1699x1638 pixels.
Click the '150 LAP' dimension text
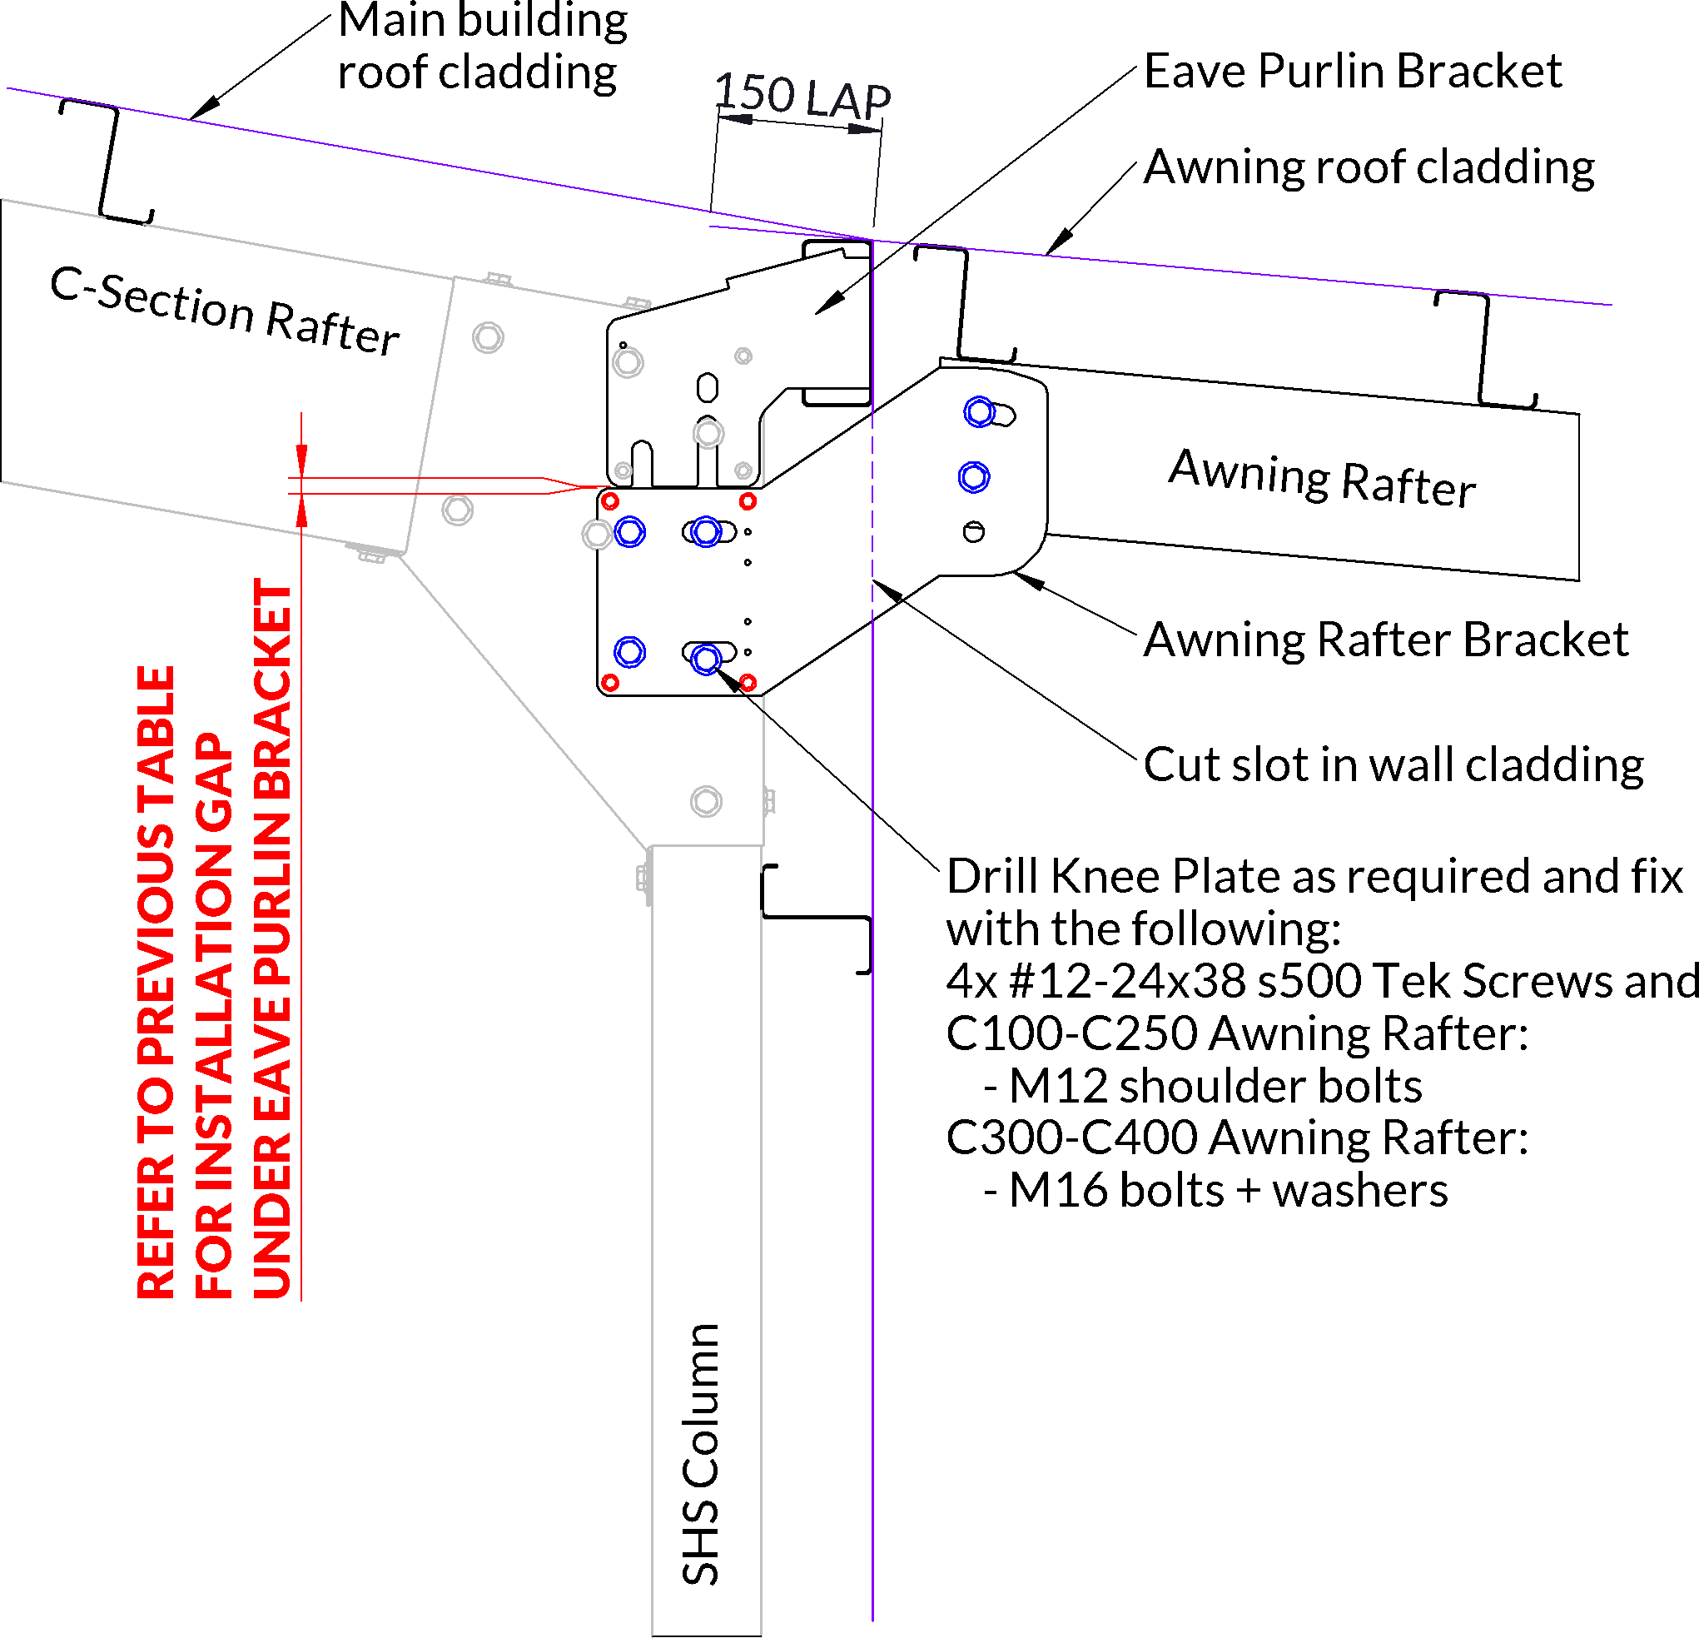(x=802, y=96)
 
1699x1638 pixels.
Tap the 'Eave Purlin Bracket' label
(x=1352, y=71)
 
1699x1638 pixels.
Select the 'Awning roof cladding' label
(x=1369, y=167)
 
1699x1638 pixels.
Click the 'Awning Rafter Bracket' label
(x=1385, y=640)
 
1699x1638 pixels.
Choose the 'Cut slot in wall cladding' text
(x=1393, y=764)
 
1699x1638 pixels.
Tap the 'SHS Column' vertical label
(x=700, y=1454)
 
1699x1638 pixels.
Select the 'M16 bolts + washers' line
(x=1215, y=1191)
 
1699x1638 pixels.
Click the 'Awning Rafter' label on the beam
(x=1322, y=478)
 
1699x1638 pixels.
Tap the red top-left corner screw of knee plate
(x=610, y=502)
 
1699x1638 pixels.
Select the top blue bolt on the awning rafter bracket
(x=980, y=412)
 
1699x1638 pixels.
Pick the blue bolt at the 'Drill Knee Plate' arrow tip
(x=707, y=660)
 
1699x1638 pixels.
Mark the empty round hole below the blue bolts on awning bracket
(x=973, y=531)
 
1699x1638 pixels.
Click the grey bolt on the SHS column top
(x=707, y=801)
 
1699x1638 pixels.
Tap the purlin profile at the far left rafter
(x=107, y=162)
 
